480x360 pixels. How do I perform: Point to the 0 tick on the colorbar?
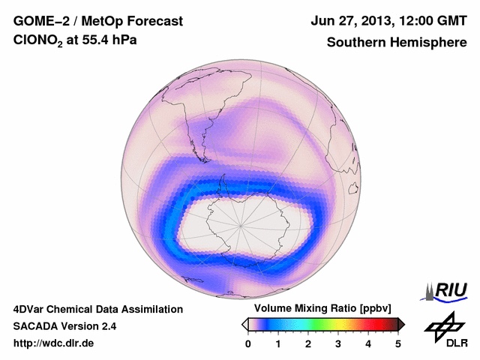tap(248, 344)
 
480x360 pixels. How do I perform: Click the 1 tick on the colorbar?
tap(278, 344)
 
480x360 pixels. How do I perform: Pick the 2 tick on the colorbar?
tap(308, 344)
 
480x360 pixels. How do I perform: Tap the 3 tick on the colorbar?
tap(338, 344)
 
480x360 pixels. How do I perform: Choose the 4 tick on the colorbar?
tap(368, 344)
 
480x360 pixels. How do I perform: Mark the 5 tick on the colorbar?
tap(398, 344)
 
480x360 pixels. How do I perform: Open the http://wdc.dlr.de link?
tap(54, 343)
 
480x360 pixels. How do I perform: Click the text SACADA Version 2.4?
tap(64, 326)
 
